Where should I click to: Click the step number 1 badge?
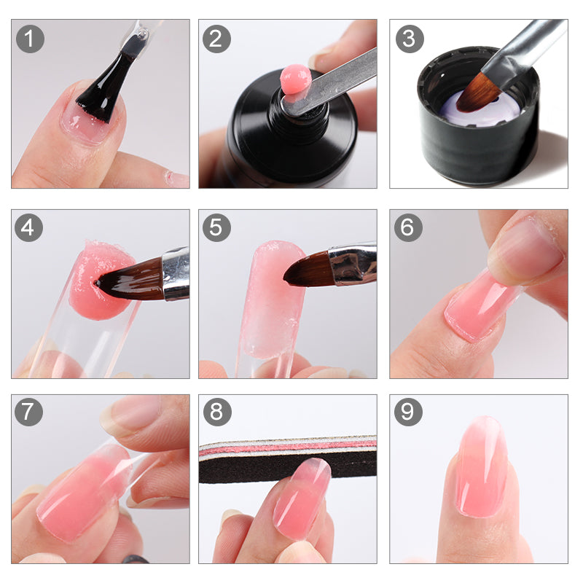click(x=29, y=39)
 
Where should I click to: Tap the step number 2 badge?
click(x=216, y=39)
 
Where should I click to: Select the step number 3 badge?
click(x=409, y=39)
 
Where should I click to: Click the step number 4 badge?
click(x=29, y=228)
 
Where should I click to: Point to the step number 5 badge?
click(x=216, y=228)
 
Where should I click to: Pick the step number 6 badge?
click(x=409, y=228)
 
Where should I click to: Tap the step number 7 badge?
click(x=29, y=412)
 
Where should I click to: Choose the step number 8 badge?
click(x=216, y=412)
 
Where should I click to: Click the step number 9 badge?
click(x=409, y=412)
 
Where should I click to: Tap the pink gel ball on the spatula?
click(x=295, y=79)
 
